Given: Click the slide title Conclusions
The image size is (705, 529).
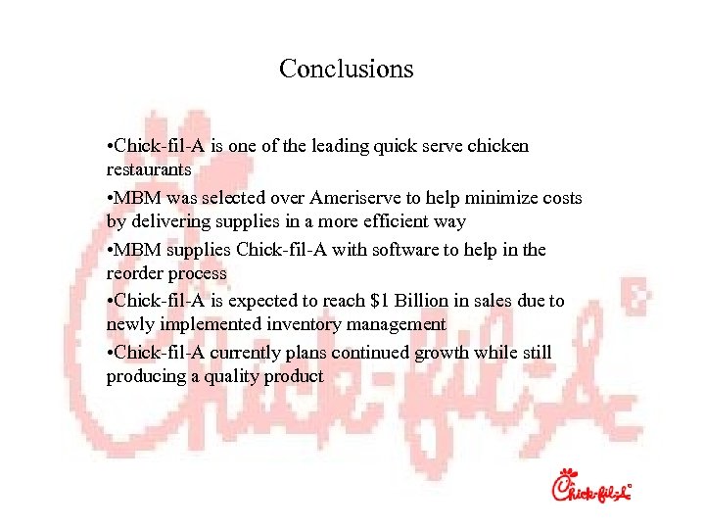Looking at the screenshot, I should click(x=346, y=69).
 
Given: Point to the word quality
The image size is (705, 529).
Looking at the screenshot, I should click(x=233, y=377).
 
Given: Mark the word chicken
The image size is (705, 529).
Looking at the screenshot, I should click(x=497, y=147).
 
